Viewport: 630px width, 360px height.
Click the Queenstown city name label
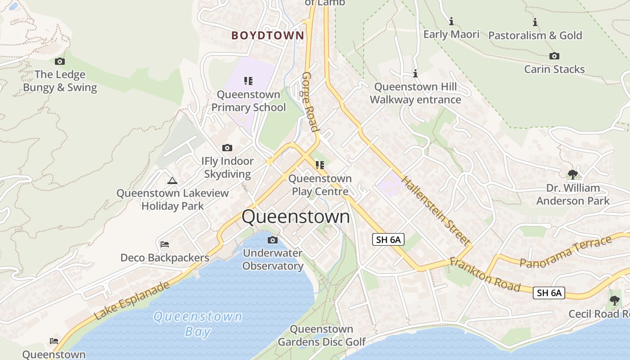point(296,216)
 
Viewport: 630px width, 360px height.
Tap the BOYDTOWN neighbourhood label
point(268,36)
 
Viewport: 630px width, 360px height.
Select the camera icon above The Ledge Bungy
point(60,62)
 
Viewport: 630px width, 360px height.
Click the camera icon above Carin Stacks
point(554,56)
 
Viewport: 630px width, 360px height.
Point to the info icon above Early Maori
point(451,21)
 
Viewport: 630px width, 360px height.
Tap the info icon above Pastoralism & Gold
point(535,22)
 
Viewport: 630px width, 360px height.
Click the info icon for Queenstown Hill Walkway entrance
point(415,73)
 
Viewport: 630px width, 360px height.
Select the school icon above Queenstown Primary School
point(248,81)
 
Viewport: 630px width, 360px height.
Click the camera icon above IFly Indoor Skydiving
point(227,148)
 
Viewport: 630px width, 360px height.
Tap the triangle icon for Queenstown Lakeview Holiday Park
point(172,181)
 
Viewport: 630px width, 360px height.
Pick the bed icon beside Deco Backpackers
point(165,244)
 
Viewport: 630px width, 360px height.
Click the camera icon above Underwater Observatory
point(272,240)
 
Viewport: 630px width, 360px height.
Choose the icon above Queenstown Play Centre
point(320,165)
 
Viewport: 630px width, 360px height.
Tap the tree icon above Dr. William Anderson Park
point(572,174)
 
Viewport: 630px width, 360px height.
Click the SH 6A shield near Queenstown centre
point(388,240)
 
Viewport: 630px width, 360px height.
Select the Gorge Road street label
point(310,102)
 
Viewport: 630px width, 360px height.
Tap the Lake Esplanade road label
point(133,301)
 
